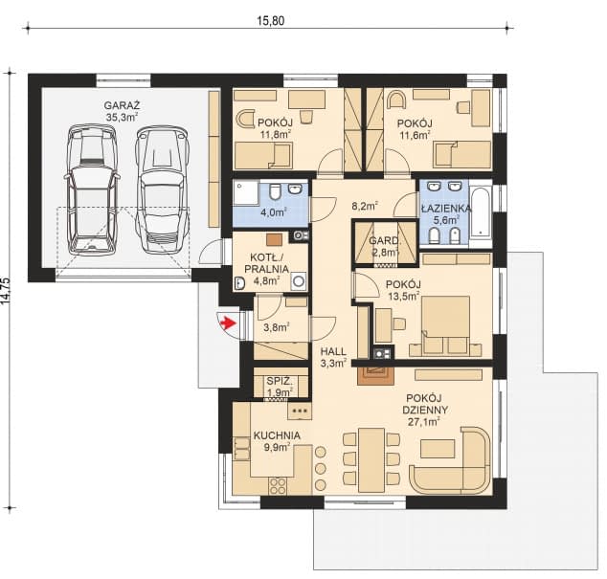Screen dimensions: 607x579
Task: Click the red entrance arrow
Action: click(228, 322)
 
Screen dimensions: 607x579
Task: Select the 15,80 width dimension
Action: click(271, 20)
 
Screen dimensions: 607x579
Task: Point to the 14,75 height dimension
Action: click(6, 291)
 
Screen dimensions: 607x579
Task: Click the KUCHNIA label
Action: click(277, 435)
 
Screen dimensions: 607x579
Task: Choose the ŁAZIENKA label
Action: click(446, 209)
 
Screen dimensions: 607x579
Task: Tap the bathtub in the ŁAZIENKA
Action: click(481, 212)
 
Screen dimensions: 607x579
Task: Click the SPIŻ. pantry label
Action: click(280, 381)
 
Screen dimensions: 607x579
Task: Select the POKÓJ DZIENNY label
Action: click(425, 404)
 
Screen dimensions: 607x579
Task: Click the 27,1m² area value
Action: click(424, 421)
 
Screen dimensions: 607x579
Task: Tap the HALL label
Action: click(333, 352)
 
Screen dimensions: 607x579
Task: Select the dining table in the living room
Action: click(371, 459)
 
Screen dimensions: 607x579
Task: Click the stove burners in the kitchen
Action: click(278, 486)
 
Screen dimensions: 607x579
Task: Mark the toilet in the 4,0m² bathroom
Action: click(275, 191)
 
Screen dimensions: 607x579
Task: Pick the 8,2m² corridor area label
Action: click(365, 206)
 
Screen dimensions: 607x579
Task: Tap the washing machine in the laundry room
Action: click(299, 281)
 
